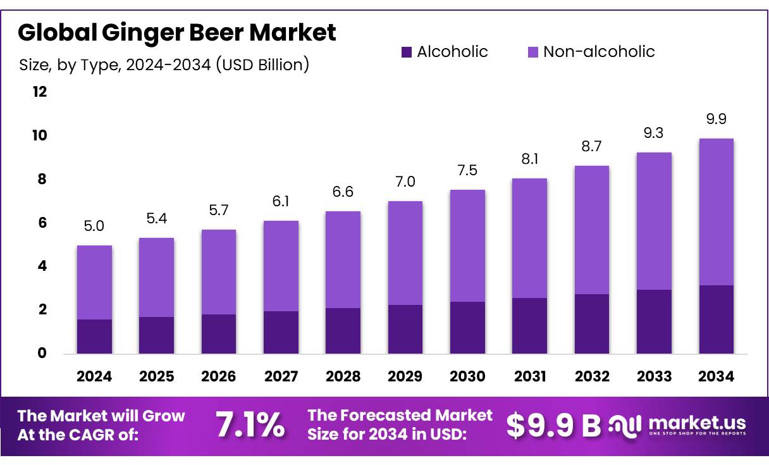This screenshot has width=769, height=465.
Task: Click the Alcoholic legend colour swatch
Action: pyautogui.click(x=407, y=52)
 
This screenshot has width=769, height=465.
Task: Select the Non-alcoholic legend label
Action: pyautogui.click(x=599, y=52)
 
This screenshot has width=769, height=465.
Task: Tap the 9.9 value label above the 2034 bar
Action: pyautogui.click(x=716, y=119)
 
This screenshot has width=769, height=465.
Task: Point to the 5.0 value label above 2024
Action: pyautogui.click(x=94, y=226)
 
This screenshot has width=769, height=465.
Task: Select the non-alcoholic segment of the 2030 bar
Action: pyautogui.click(x=467, y=245)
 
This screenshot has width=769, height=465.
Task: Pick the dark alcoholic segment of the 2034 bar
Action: pyautogui.click(x=716, y=319)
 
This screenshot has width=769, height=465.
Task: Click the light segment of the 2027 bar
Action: pyautogui.click(x=281, y=266)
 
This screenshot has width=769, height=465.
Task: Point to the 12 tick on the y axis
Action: pyautogui.click(x=39, y=92)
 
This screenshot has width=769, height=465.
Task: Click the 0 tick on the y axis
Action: pyautogui.click(x=42, y=353)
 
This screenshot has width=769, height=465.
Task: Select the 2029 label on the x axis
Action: pyautogui.click(x=405, y=376)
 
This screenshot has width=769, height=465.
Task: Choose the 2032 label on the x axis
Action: pyautogui.click(x=592, y=376)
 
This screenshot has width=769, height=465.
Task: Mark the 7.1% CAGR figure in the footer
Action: pyautogui.click(x=250, y=425)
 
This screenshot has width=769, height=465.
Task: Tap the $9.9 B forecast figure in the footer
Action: pyautogui.click(x=553, y=425)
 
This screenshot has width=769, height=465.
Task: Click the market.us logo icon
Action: pyautogui.click(x=625, y=425)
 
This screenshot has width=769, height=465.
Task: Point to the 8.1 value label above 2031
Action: pyautogui.click(x=529, y=159)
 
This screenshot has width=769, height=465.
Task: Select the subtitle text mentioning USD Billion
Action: pyautogui.click(x=164, y=65)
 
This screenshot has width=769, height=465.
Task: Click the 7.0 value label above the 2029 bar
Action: pyautogui.click(x=405, y=182)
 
